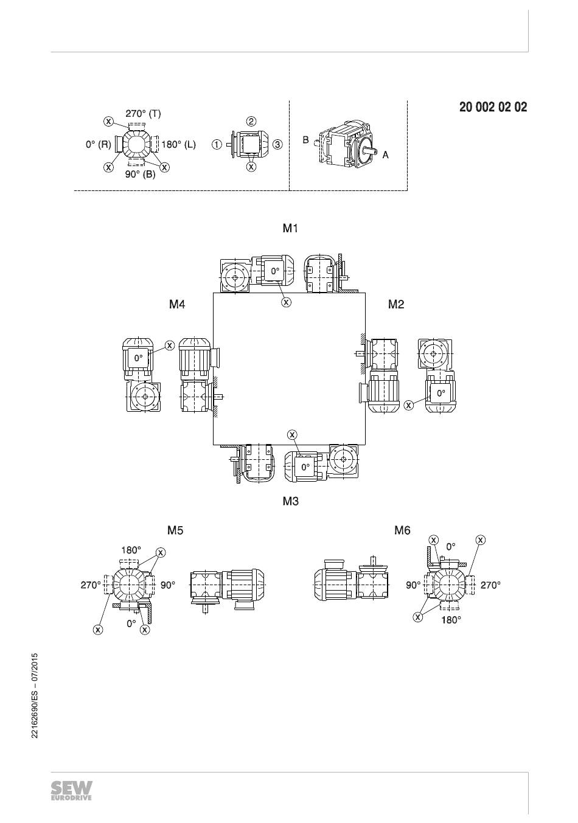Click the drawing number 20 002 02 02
coord(493,107)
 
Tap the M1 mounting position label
coord(290,228)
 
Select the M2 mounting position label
coord(396,304)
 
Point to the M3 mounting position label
coord(291,501)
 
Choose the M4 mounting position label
coord(177,304)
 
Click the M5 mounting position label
coord(175,530)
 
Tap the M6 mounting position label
coord(402,530)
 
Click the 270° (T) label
coord(144,114)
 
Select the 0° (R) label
coord(99,144)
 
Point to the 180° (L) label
coord(179,144)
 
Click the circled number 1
coord(217,145)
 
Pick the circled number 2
coord(251,121)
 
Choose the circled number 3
coord(278,145)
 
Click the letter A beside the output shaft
coord(386,155)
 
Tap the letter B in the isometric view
coord(305,140)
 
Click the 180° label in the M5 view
coord(131,550)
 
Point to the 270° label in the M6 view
coord(490,585)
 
